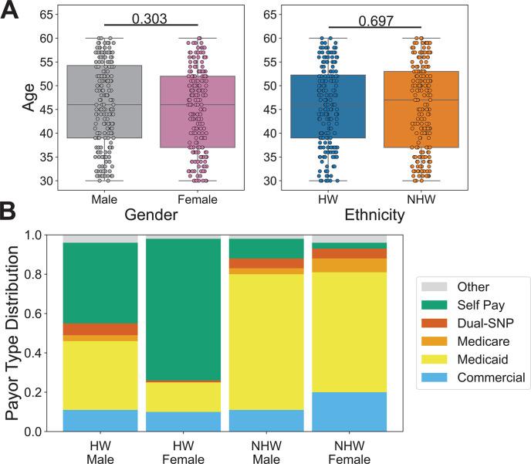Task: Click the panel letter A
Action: pos(13,14)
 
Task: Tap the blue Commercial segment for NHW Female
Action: pos(348,412)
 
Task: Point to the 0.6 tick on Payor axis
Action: pos(48,313)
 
